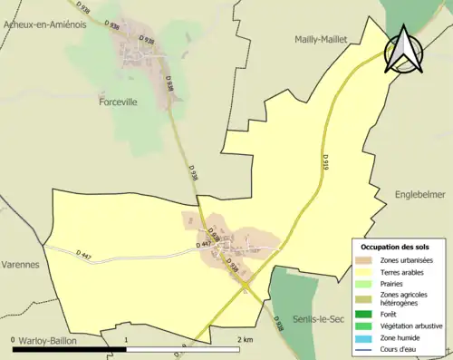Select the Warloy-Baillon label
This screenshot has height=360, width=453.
pos(45,340)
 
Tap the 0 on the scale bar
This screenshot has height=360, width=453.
pos(14,338)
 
